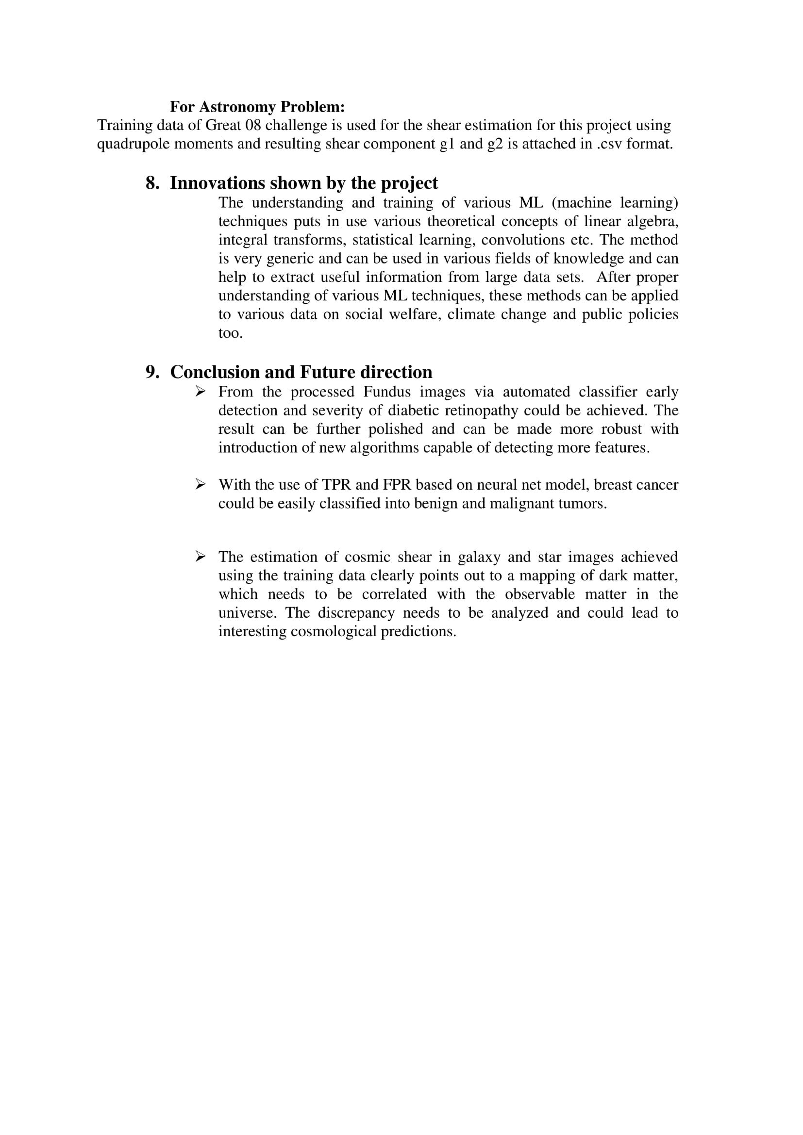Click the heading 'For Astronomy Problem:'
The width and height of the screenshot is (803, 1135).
[x=257, y=107]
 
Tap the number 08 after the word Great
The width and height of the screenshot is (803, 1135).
[x=252, y=126]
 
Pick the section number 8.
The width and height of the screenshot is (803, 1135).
[x=152, y=183]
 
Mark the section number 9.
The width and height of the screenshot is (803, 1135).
[x=152, y=372]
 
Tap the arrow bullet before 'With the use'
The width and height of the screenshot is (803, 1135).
[x=200, y=484]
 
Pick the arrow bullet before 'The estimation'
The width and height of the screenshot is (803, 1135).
[x=200, y=557]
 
